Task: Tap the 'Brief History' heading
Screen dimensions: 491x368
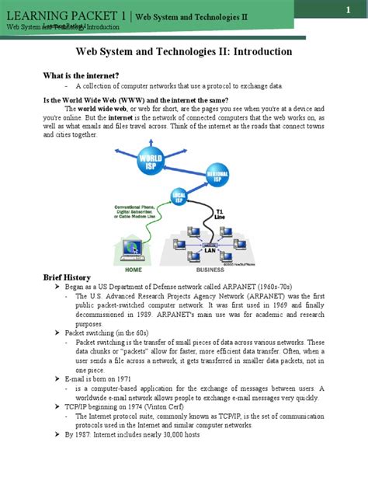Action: coord(66,277)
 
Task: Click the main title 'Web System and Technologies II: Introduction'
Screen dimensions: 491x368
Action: coord(183,51)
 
